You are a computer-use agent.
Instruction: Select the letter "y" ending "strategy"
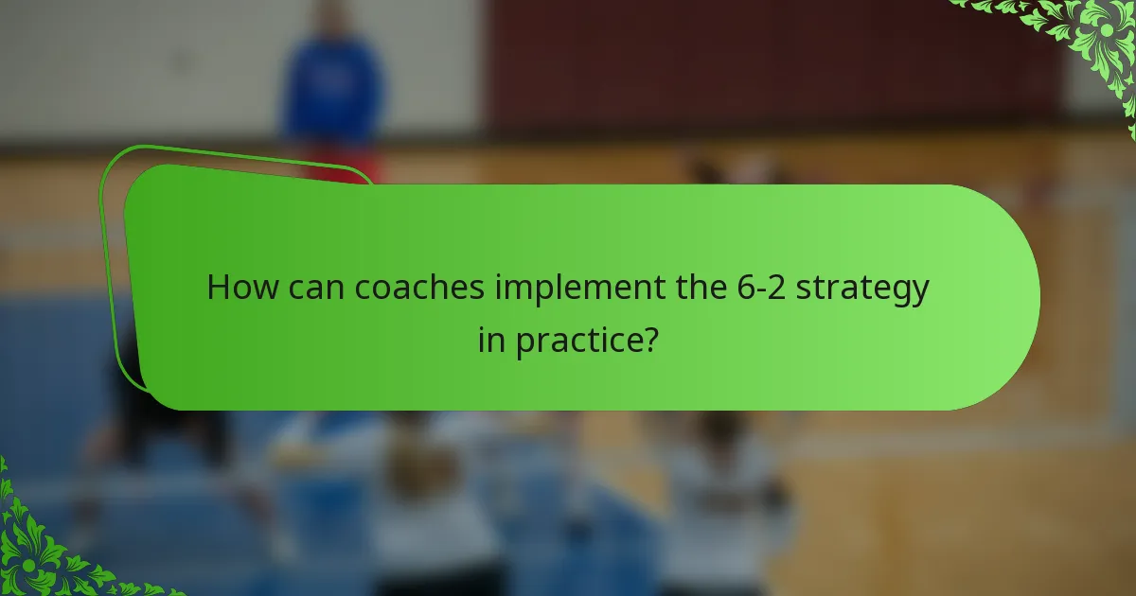[x=919, y=292]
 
